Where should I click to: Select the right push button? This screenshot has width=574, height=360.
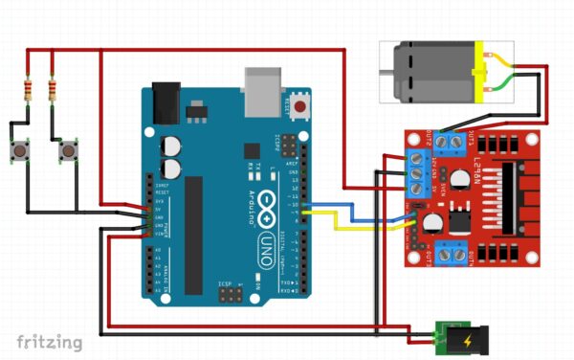68,151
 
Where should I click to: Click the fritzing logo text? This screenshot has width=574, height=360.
49,341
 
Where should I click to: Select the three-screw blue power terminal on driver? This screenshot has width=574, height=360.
417,174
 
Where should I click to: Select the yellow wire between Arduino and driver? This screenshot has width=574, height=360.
364,229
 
